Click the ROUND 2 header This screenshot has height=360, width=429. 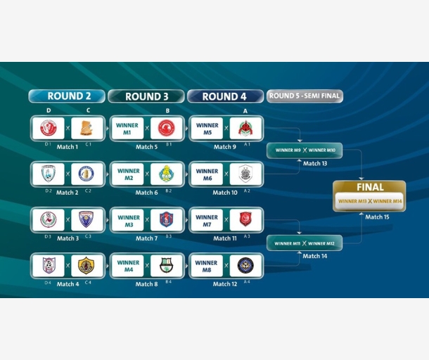coord(67,96)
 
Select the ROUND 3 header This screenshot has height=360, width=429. coord(146,96)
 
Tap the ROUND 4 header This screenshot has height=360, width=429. coord(225,96)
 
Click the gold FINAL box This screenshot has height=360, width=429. coord(369,195)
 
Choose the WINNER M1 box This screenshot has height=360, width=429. coord(128,129)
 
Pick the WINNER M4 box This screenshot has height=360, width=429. coord(128,266)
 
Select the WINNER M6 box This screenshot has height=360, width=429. coord(207,174)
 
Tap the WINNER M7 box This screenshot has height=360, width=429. coord(207,220)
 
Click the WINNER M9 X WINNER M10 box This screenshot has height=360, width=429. coord(305,150)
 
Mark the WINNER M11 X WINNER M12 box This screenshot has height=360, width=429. coord(305,243)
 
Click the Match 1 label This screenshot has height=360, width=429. coord(68,147)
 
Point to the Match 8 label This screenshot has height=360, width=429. coord(146,284)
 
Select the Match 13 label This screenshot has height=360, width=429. coord(315,163)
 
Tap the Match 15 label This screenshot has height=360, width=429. coord(377,217)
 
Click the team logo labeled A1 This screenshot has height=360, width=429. coord(245,129)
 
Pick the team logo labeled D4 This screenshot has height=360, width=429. coord(48,266)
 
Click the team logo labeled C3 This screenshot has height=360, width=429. coord(87,220)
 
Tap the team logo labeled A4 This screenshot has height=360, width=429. coord(245,266)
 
